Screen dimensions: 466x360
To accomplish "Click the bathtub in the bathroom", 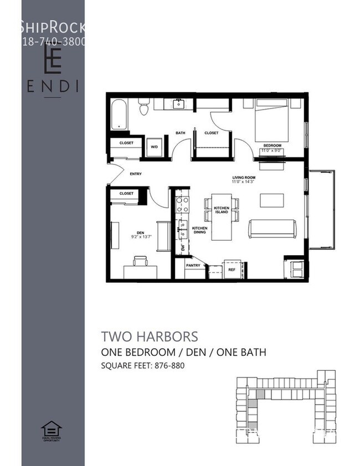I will [119, 115].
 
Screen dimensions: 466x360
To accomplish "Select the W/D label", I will [155, 147].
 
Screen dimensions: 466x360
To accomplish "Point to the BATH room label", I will [181, 133].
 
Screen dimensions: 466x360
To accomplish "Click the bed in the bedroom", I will [271, 120].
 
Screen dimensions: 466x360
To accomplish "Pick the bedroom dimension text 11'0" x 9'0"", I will [273, 150].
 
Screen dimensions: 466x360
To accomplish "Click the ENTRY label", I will [136, 174].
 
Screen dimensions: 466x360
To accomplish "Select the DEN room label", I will [140, 232].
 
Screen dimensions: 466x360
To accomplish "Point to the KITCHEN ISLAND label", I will [222, 210].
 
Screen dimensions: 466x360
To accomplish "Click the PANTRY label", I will [193, 265].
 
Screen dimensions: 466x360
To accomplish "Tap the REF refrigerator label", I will [232, 270].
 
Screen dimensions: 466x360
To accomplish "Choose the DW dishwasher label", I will [182, 249].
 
